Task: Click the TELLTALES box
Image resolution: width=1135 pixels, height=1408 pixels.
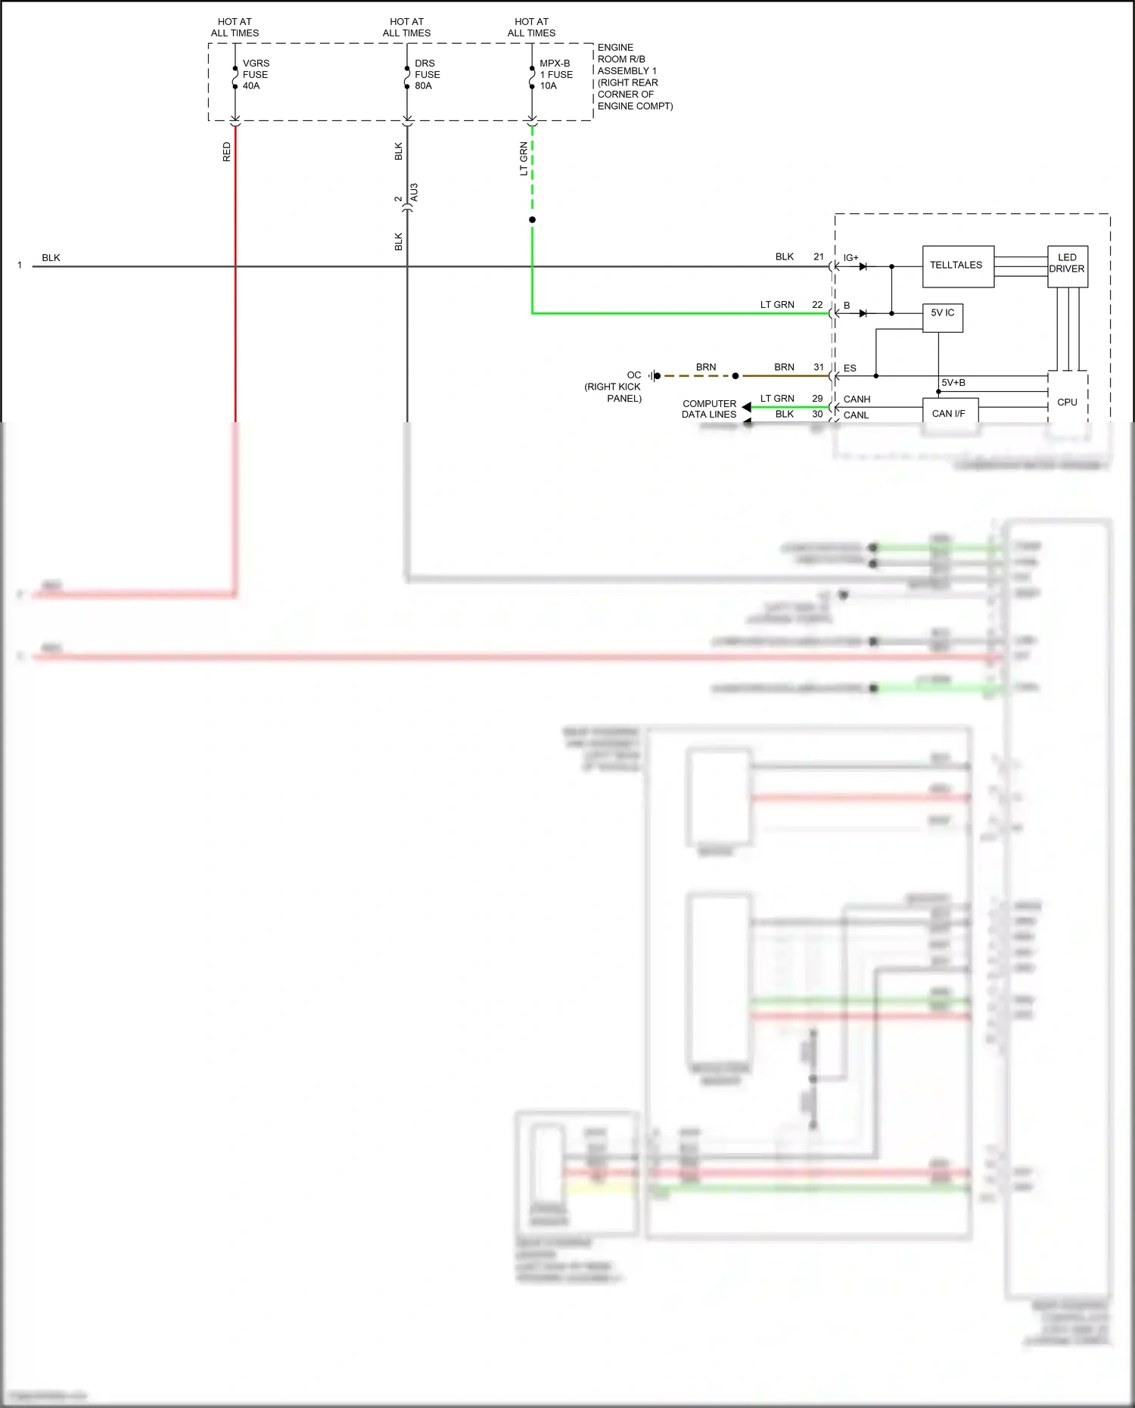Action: pos(957,266)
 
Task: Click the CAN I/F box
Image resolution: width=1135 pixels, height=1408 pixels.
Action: pos(949,412)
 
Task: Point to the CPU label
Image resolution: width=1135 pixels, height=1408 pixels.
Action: pos(1067,403)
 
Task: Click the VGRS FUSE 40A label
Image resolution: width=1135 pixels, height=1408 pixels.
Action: pos(255,75)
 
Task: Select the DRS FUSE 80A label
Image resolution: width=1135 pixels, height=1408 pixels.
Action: pos(427,75)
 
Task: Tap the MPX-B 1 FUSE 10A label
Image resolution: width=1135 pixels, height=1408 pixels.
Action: pos(555,75)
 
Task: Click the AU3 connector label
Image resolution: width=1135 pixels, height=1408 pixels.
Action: pos(414,192)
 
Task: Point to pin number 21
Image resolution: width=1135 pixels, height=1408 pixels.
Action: pos(818,257)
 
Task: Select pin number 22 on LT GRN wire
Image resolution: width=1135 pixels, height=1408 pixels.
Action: pos(817,305)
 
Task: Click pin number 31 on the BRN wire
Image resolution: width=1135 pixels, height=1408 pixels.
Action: pos(818,367)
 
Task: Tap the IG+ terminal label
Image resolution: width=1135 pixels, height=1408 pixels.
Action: pos(851,258)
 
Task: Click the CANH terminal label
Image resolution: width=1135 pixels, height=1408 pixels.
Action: pos(857,399)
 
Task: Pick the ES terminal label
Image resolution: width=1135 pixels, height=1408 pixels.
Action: pos(850,368)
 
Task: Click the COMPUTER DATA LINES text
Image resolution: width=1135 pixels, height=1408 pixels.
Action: pos(709,409)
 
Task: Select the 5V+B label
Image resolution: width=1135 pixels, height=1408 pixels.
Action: pos(953,383)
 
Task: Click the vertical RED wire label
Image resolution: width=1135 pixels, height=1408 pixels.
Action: pos(226,152)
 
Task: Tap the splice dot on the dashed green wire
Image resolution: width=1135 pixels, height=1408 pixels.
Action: pos(532,220)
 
